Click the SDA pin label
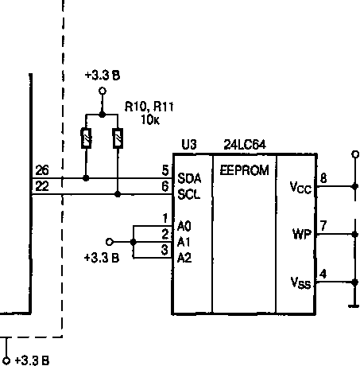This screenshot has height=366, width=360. click(x=189, y=178)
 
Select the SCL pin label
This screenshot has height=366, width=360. click(x=188, y=194)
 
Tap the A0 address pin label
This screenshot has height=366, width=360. click(x=184, y=226)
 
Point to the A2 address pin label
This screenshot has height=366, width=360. click(x=184, y=258)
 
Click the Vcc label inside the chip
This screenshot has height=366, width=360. click(x=300, y=188)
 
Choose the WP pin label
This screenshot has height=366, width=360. click(x=301, y=234)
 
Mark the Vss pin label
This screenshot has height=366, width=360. click(x=300, y=282)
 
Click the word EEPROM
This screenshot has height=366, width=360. click(x=245, y=170)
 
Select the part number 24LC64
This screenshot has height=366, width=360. click(x=245, y=145)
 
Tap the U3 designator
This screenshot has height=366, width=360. click(x=189, y=145)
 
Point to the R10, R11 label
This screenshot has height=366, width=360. click(x=149, y=107)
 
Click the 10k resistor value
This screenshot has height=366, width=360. click(x=150, y=120)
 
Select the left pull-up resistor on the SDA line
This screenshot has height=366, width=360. click(x=86, y=138)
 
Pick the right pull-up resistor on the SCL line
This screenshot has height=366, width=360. click(x=118, y=138)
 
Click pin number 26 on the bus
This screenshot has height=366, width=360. click(x=42, y=170)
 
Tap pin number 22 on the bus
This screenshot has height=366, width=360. click(x=42, y=186)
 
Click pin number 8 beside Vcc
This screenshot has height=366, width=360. click(x=323, y=178)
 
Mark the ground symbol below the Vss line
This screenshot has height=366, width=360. click(x=354, y=306)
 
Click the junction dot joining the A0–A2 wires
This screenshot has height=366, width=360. click(x=134, y=242)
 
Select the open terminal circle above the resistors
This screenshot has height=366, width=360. click(x=103, y=91)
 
